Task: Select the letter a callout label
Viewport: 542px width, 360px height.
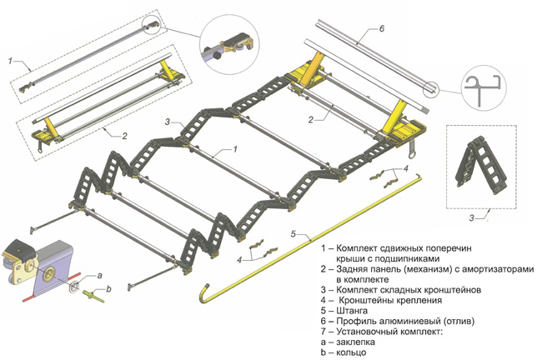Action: (x=100, y=275)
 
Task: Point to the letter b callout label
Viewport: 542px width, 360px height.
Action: (x=107, y=289)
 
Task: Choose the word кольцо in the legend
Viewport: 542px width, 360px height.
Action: (x=355, y=352)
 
